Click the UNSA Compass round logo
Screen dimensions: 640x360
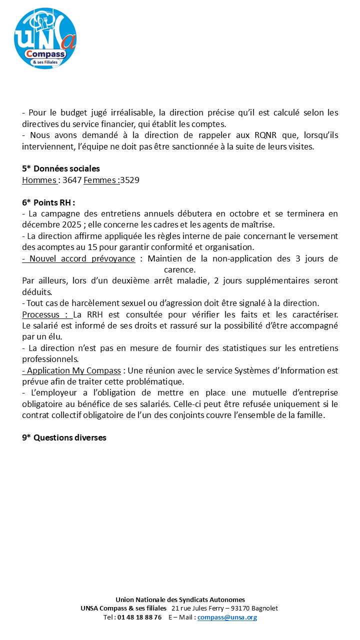45,38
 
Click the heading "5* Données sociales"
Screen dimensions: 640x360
60,169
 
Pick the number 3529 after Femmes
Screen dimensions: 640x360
129,180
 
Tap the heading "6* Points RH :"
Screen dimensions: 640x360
48,202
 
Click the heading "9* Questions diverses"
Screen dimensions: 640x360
64,437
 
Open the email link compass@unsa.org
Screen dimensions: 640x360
227,617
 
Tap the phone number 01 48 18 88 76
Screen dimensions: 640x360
139,617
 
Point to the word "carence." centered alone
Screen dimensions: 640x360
180,269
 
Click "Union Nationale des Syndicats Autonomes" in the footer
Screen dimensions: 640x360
180,599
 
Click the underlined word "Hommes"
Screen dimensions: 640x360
38,180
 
